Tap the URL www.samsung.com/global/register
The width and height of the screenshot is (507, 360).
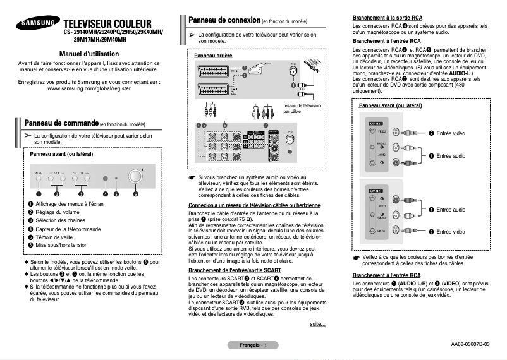pos(88,88)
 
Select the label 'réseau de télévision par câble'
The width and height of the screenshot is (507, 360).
pos(302,109)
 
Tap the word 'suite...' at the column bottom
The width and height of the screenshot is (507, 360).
pos(317,324)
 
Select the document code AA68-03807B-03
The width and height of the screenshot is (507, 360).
pos(470,345)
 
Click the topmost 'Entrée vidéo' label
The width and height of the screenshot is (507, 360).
pos(450,133)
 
